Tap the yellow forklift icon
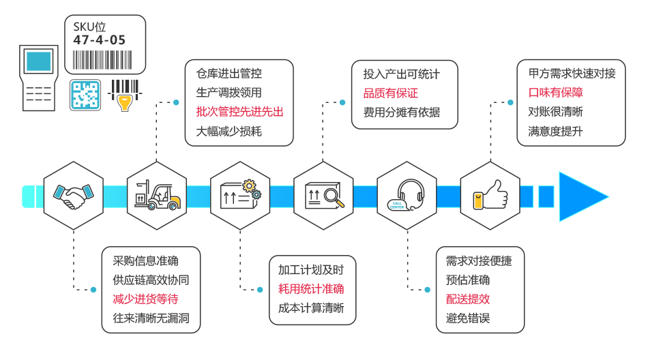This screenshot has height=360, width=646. [157, 196]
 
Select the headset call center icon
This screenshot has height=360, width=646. [407, 196]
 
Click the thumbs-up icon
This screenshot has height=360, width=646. [490, 196]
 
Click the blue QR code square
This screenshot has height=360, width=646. [85, 95]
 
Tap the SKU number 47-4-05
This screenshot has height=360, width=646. [100, 41]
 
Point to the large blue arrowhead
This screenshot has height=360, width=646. [581, 196]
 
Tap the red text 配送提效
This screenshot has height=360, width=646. [468, 299]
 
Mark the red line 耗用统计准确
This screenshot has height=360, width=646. [311, 289]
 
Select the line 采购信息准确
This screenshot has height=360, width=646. [145, 260]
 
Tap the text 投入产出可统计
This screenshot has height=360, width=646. [402, 74]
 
